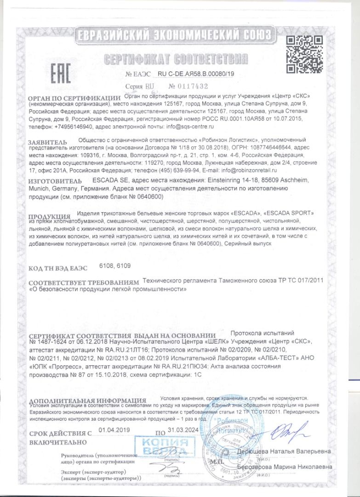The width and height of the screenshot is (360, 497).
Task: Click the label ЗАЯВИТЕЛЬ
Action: (x=47, y=141)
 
